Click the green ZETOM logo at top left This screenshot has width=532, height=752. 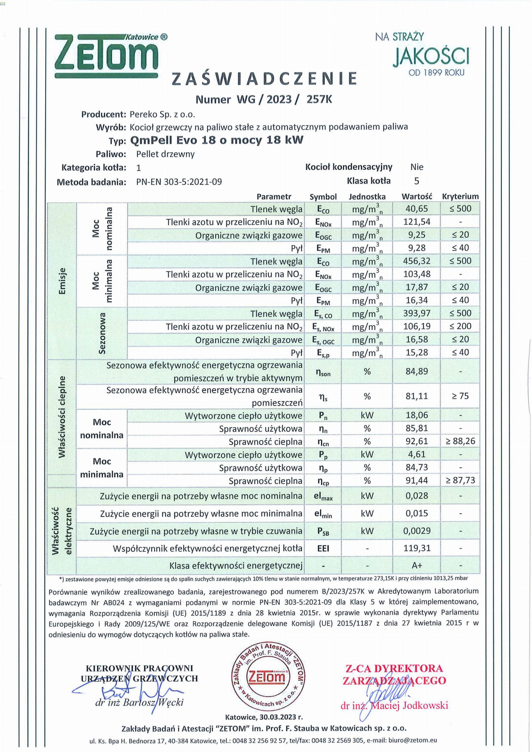(107, 56)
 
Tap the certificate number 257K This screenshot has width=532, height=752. (319, 100)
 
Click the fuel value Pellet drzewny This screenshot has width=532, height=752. (165, 154)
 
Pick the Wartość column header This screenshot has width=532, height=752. (417, 197)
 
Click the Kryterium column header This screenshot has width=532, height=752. (460, 197)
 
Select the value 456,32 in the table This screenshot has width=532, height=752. (417, 261)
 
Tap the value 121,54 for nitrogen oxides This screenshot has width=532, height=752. (417, 222)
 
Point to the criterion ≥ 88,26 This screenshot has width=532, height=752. (460, 442)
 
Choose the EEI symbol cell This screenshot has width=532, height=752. (323, 548)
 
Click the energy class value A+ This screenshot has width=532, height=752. (417, 565)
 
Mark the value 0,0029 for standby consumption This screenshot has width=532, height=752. (417, 531)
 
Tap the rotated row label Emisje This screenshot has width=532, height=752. (62, 281)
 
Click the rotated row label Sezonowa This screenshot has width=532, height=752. (102, 333)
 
